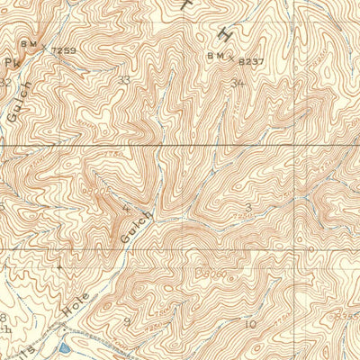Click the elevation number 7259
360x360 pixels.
point(63,50)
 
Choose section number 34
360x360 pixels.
point(238,84)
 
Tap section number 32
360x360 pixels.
point(4,82)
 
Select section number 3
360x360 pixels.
point(247,207)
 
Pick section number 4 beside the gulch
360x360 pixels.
point(126,209)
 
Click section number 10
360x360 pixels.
point(250,323)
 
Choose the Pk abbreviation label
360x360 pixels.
point(11,63)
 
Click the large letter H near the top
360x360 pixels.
point(225,32)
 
